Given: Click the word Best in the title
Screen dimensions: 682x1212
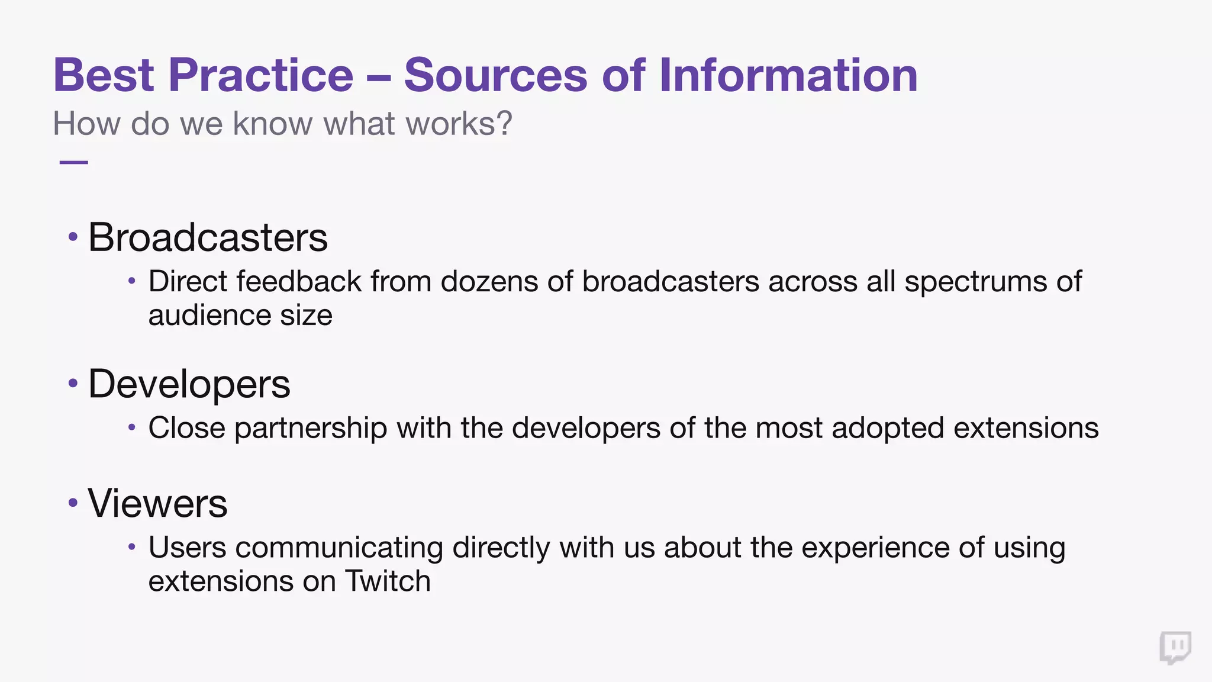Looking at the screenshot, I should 104,75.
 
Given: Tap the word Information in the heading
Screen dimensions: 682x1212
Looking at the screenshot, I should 788,75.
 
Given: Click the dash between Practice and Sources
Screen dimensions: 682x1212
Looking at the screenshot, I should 379,78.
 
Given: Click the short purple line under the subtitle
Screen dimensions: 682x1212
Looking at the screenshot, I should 74,162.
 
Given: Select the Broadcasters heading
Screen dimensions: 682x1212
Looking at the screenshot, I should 208,237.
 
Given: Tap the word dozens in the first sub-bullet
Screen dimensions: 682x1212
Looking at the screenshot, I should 489,281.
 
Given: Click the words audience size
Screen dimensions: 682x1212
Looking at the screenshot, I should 240,316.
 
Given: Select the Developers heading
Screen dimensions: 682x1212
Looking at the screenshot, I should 189,384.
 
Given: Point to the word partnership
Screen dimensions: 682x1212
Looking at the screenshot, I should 311,428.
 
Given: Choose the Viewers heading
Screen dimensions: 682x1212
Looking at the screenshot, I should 157,504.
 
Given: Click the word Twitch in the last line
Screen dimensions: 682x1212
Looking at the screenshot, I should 388,581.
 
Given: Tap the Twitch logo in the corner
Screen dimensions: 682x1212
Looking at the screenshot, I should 1175,648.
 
